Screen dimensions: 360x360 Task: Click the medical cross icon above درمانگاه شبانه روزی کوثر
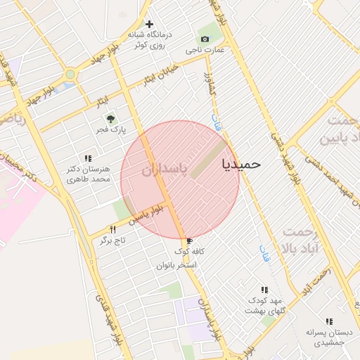149,24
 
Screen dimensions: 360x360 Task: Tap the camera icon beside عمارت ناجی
205,39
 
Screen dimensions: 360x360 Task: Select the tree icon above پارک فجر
109,118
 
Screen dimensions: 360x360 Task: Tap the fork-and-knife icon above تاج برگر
112,229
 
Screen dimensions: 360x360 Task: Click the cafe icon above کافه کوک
189,241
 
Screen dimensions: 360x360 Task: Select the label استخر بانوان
177,265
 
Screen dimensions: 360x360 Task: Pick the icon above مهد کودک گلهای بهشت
264,289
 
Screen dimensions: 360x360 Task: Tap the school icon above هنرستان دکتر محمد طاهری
88,159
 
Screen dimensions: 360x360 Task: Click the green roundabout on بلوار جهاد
70,75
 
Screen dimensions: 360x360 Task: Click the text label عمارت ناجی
205,51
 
